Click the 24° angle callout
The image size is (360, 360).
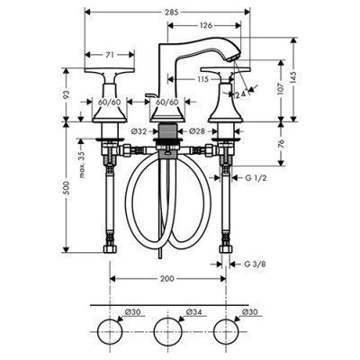pyautogui.click(x=240, y=93)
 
